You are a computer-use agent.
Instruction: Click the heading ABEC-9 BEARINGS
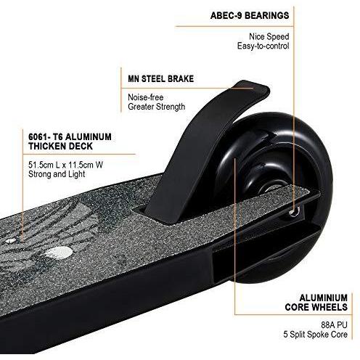point(250,15)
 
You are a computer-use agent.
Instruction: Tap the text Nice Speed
point(269,37)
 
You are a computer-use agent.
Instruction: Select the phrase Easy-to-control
point(263,46)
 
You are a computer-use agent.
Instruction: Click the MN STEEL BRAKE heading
point(161,79)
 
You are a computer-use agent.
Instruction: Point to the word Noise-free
point(146,97)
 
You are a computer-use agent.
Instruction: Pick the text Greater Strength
point(157,107)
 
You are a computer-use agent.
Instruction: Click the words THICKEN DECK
point(60,146)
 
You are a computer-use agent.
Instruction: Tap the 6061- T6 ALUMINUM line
point(70,136)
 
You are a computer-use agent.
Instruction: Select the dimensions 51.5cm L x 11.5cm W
point(65,165)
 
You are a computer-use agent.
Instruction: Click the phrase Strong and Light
point(57,174)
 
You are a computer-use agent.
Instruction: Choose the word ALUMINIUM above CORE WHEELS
point(324,298)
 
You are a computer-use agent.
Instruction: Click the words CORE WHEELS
point(316,307)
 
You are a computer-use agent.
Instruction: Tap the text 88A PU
point(334,324)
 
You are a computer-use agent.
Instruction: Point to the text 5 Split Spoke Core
point(316,335)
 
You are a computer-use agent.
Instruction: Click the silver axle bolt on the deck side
point(295,213)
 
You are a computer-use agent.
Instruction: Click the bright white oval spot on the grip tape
point(59,252)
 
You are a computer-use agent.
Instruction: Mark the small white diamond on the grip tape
point(11,240)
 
